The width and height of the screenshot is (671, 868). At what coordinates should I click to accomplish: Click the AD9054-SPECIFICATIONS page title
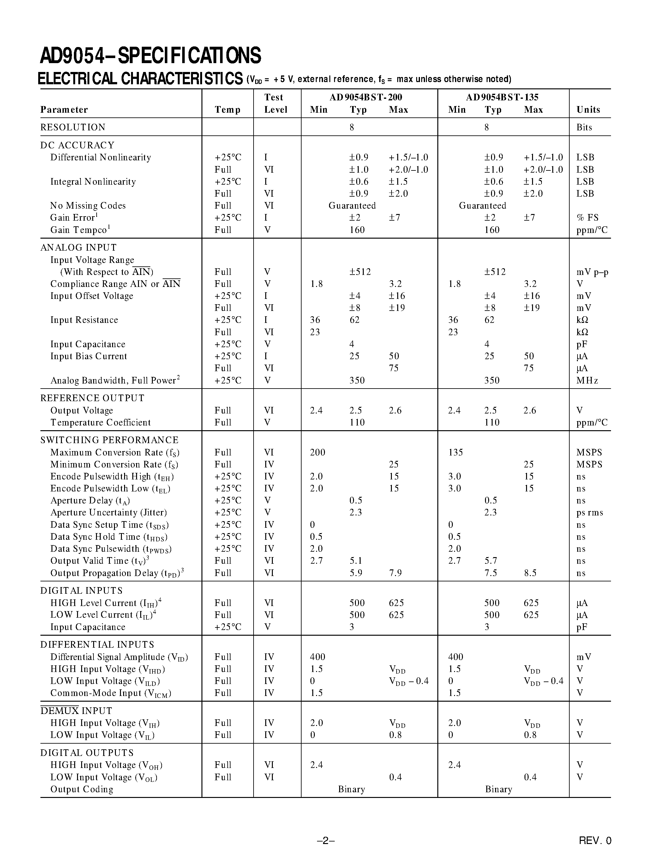coord(150,56)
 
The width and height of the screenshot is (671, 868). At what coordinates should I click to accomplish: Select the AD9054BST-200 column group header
coord(365,97)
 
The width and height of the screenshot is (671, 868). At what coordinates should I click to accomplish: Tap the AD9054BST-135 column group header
coord(502,97)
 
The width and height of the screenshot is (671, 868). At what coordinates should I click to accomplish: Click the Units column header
coord(588,110)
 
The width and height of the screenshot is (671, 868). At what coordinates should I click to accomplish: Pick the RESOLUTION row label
coord(73,127)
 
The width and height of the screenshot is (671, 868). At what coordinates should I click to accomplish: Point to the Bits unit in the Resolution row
coord(584,128)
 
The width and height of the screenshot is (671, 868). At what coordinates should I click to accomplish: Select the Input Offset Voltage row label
coord(92,296)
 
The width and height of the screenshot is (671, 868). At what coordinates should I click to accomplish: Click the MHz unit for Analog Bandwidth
coord(587,380)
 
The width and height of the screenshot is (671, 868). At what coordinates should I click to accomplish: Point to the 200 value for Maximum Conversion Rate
coord(317,452)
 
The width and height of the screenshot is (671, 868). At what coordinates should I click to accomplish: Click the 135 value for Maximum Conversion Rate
coord(456,452)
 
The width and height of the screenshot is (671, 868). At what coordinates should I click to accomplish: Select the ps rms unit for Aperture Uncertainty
coord(590,513)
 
